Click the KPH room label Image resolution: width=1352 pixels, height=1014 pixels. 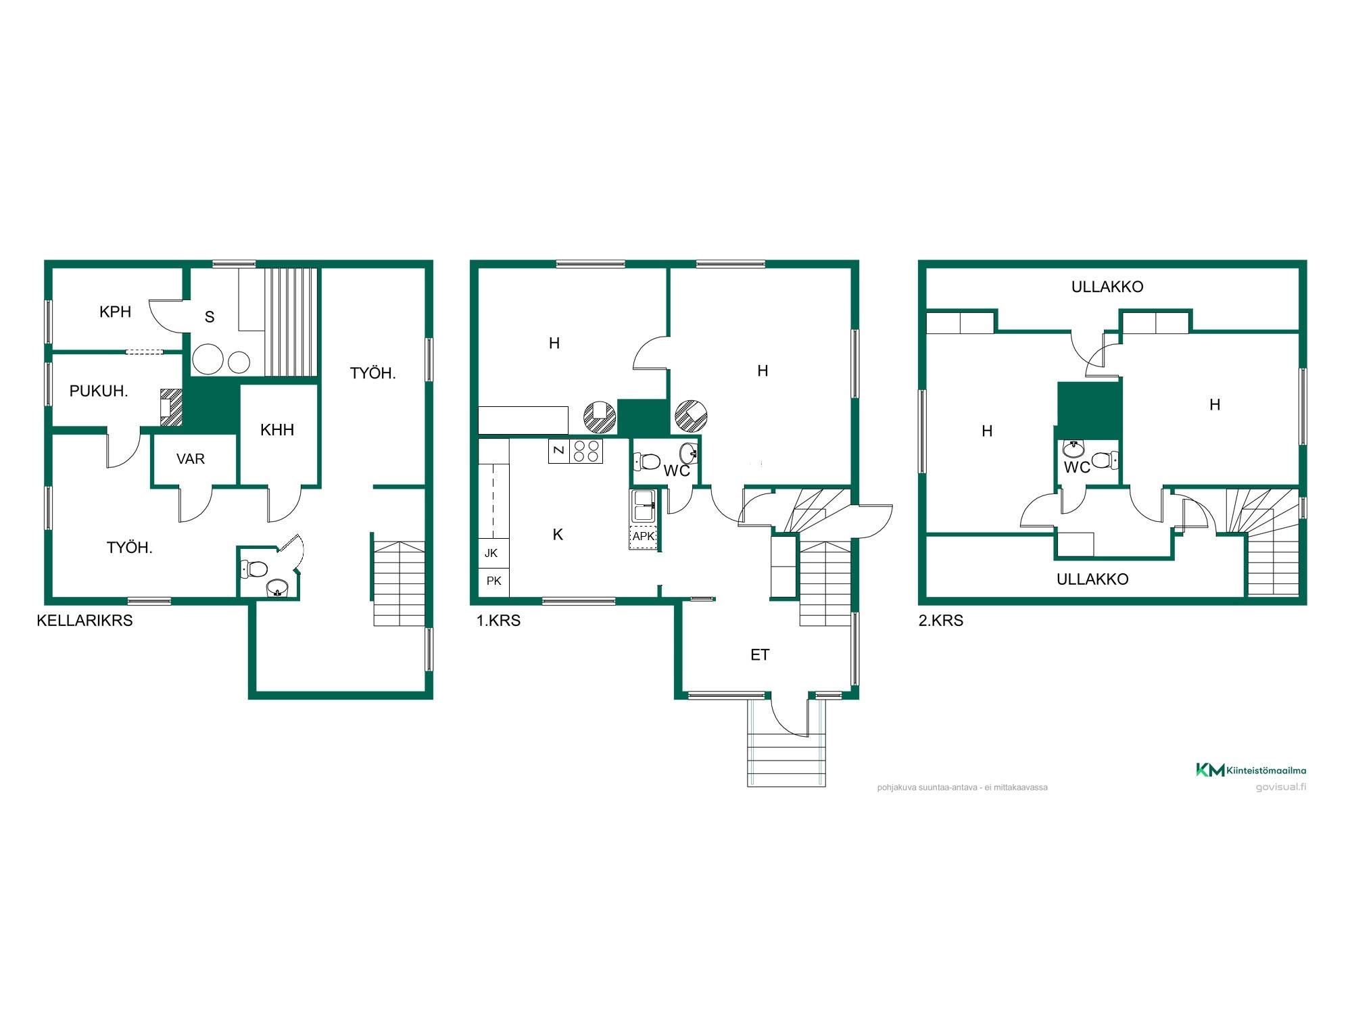(115, 312)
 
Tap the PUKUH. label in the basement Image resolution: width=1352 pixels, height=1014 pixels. (99, 391)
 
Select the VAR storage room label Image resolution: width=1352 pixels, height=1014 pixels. (191, 459)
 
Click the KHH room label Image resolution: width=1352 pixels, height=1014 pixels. (277, 430)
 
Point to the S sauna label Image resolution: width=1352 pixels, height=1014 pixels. (210, 316)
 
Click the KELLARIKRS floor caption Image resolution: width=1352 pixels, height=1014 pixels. (84, 621)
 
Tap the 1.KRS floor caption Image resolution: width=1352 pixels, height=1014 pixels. (498, 621)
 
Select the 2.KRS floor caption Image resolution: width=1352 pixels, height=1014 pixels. (940, 621)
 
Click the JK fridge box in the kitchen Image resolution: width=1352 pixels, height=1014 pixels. (493, 554)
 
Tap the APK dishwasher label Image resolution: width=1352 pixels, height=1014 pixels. (644, 537)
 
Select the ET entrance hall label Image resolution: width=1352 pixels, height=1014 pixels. (760, 654)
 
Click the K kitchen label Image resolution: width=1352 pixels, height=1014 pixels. (558, 535)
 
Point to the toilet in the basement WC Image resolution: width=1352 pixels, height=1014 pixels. (254, 569)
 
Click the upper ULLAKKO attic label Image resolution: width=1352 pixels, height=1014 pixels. (1107, 287)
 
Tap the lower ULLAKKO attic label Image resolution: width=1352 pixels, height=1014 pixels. (1092, 579)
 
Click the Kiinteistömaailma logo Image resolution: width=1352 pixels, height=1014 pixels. (1251, 770)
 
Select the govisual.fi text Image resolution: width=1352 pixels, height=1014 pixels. (1281, 787)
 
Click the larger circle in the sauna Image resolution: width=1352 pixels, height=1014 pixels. (208, 360)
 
